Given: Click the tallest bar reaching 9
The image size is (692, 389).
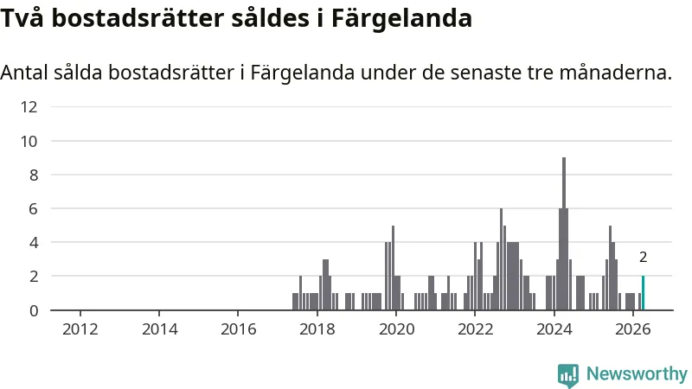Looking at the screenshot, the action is tap(564, 233).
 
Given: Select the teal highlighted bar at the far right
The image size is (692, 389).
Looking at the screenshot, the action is tap(643, 293).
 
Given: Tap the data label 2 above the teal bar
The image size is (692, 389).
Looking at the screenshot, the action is tap(643, 257).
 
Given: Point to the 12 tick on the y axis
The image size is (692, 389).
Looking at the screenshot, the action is tap(29, 106).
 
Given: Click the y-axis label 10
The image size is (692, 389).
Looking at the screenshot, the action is tap(29, 142).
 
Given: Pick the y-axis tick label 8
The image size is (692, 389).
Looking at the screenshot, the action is tap(34, 175).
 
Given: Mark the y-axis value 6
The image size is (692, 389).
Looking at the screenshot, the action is tap(34, 208).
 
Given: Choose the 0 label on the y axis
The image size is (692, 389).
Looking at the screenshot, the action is tap(34, 311).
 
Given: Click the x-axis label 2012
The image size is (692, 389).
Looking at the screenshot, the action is tap(80, 329).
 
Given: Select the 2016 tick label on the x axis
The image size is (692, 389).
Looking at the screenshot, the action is tap(238, 329).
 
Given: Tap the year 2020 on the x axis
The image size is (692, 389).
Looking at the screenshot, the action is tap(396, 329).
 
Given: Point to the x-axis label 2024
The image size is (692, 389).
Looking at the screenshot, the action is tap(554, 329).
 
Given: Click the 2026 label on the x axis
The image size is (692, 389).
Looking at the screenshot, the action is tap(633, 329).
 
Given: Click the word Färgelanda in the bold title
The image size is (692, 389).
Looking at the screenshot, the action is tap(401, 19).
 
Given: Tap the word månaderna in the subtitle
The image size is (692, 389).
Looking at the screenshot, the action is tap(616, 73).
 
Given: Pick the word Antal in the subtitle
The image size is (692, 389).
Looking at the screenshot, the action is tap(24, 73).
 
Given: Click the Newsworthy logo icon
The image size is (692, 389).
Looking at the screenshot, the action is tap(568, 375).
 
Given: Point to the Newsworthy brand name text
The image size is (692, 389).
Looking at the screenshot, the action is tap(637, 374).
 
